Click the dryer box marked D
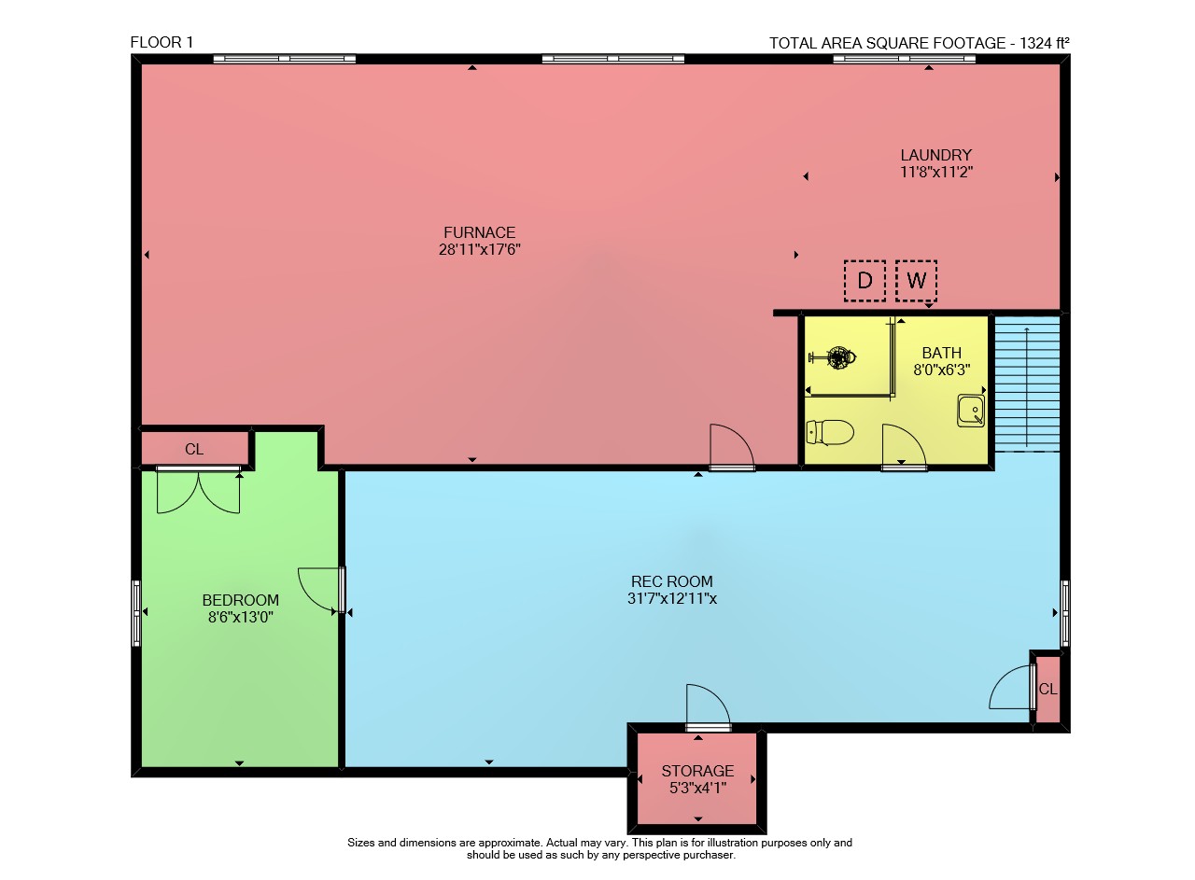tap(865, 281)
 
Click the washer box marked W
tap(917, 281)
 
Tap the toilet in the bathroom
tap(830, 432)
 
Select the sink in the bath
tap(971, 410)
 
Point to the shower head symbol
tap(835, 356)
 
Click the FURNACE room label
tap(480, 232)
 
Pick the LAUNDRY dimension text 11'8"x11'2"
tap(936, 172)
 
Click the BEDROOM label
tap(241, 600)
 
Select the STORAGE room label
tap(697, 771)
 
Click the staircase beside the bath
tap(1028, 384)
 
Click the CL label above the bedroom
tap(194, 449)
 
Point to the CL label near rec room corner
tap(1047, 689)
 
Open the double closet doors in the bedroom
tap(199, 491)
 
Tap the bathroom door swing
tap(904, 447)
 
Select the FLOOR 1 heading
tap(162, 42)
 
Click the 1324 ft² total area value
tap(1045, 43)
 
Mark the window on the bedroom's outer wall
tap(136, 613)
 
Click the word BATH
tap(942, 353)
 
